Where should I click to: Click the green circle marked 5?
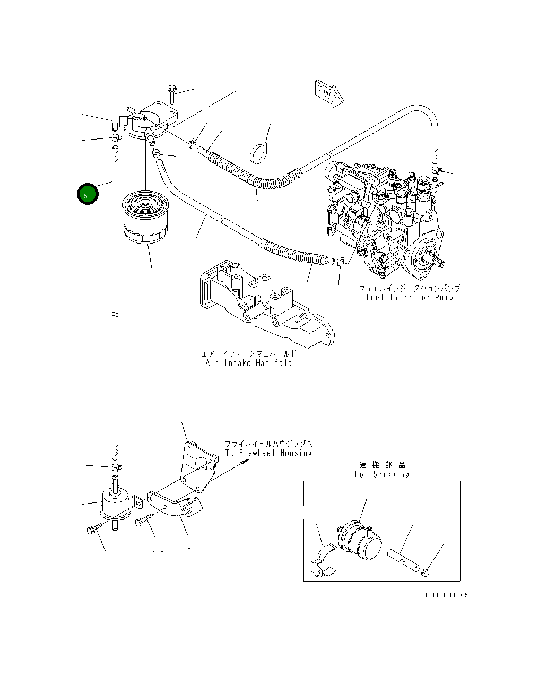point(87,195)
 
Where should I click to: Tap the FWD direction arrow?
point(328,94)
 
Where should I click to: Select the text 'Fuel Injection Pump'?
point(409,297)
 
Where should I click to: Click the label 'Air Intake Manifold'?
point(249,363)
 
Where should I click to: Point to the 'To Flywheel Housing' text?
point(268,453)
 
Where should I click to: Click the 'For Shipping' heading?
point(381,474)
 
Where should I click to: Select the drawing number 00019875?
point(446,595)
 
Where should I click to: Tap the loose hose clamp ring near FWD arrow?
point(260,152)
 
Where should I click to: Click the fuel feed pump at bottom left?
point(115,503)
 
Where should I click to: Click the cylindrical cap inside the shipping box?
point(361,542)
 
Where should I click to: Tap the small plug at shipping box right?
point(425,572)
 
